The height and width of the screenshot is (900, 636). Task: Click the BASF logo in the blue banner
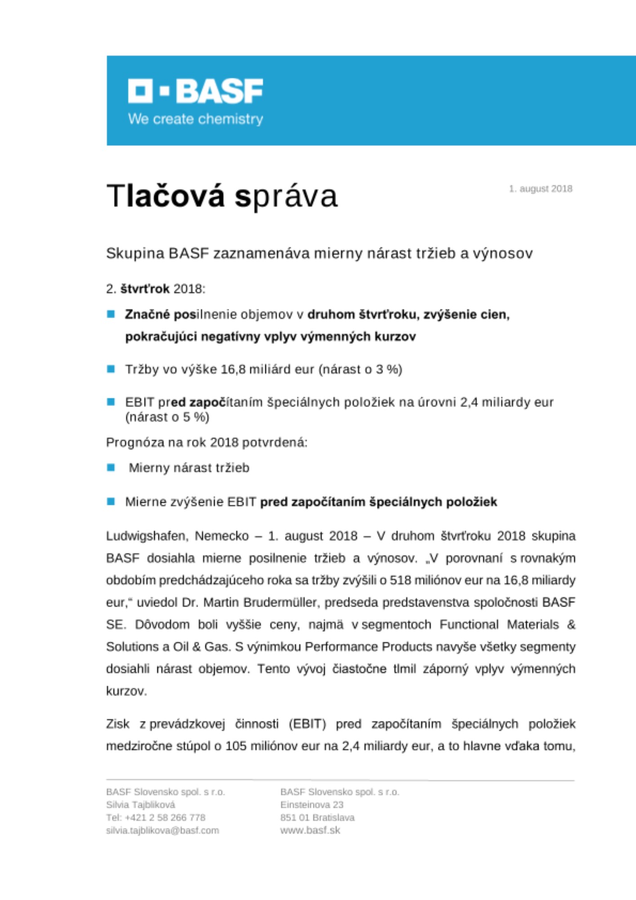(195, 91)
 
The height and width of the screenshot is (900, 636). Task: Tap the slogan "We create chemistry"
(195, 119)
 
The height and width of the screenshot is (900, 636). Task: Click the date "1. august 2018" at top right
(540, 189)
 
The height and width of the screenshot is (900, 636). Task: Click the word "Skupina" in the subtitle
(135, 253)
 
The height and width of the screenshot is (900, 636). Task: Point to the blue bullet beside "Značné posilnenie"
(111, 314)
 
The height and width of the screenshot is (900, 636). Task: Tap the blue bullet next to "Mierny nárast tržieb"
(111, 468)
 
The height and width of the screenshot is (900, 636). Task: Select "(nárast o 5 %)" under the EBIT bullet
(167, 417)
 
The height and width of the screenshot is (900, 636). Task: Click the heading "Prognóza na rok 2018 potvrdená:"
(206, 442)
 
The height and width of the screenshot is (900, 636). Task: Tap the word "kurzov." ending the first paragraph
(126, 691)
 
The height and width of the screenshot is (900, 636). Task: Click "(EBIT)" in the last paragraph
(307, 724)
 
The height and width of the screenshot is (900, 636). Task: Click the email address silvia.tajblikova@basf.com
(162, 830)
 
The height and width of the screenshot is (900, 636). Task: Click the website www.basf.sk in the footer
(310, 830)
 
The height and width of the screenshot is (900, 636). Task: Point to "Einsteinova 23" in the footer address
(312, 805)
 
